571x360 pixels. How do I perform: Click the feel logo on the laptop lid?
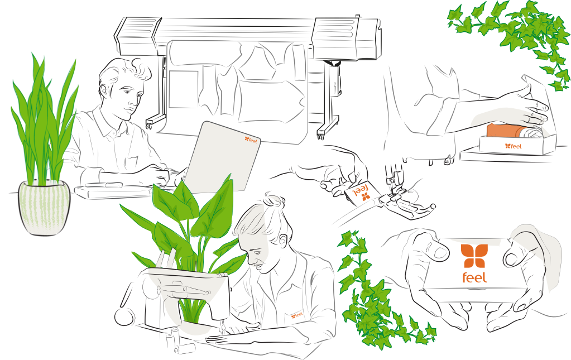[251, 140]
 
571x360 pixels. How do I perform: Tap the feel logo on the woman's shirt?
[296, 315]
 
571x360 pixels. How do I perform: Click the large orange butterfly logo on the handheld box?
[474, 256]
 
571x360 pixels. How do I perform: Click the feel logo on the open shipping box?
[513, 146]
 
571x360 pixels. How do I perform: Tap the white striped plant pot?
[44, 208]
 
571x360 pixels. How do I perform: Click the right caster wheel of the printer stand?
[320, 136]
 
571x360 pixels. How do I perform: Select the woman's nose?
[251, 259]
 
